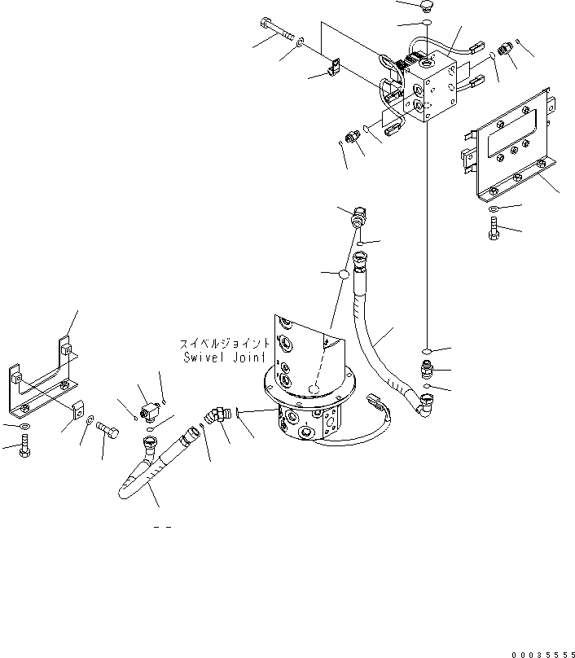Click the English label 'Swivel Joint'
tap(223, 357)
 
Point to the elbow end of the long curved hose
tap(425, 401)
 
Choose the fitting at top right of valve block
tap(505, 49)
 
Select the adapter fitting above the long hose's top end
tap(359, 220)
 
